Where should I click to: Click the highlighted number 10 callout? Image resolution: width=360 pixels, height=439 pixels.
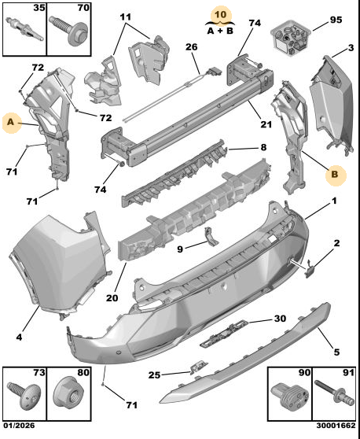221,15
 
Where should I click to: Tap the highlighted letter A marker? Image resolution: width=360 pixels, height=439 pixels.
12,124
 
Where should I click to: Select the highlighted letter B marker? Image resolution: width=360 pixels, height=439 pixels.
336,175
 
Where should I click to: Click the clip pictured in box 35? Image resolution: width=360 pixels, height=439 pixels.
24,29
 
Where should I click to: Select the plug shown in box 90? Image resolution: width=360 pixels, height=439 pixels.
289,395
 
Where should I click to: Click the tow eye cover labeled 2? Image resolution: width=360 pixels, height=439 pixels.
310,269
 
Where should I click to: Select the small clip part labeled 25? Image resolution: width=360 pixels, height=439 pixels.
199,367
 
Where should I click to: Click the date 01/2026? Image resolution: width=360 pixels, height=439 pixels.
19,426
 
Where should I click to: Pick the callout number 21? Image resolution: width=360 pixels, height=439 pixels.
266,124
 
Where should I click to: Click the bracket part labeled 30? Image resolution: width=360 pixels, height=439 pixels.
225,334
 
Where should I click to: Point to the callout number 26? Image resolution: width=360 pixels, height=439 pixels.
192,47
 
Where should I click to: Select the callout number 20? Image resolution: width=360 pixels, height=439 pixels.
112,298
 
